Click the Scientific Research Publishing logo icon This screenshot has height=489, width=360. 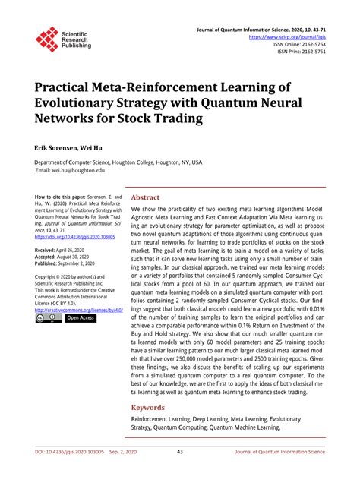point(47,39)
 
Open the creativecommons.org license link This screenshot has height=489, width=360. point(76,310)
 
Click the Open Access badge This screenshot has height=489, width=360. point(80,318)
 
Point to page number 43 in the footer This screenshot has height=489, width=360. point(180,474)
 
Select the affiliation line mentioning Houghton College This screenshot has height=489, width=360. point(118,162)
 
